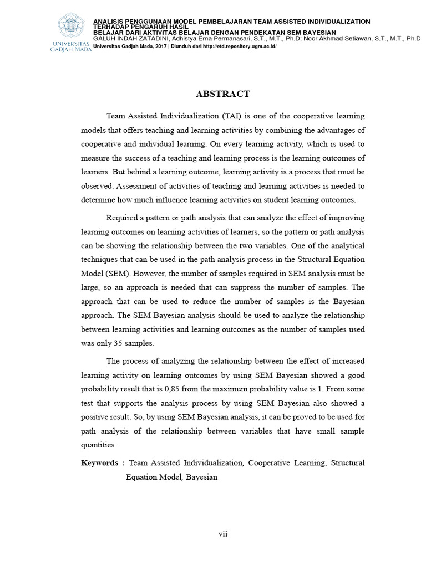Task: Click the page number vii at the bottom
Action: pyautogui.click(x=222, y=534)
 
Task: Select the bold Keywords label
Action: pyautogui.click(x=99, y=462)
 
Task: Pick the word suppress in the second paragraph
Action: pyautogui.click(x=253, y=288)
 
